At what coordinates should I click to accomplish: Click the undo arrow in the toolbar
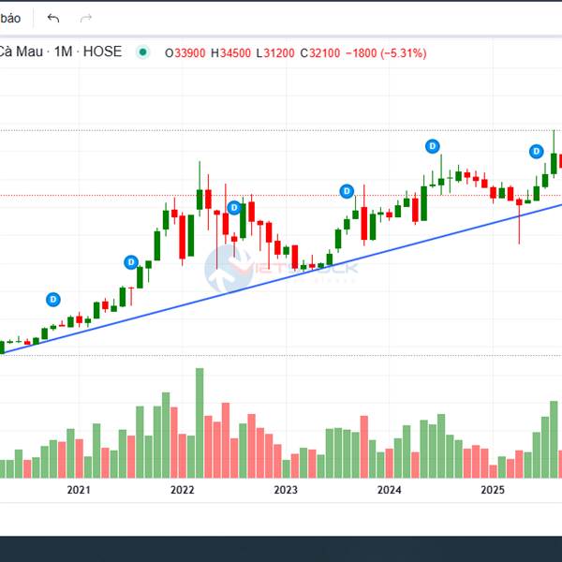53,18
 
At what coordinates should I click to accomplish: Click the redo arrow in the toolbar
86,18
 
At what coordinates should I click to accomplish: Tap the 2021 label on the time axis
79,490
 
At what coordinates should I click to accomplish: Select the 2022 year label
182,490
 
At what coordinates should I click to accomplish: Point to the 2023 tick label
286,490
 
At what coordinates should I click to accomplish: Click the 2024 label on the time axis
389,490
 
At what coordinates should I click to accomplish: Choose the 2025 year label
493,490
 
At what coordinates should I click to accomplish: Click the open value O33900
186,52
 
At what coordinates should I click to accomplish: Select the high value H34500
230,52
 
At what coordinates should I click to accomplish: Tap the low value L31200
274,52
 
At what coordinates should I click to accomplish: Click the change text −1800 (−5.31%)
386,52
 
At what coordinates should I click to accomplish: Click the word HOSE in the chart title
102,52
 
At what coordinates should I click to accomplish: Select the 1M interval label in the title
64,52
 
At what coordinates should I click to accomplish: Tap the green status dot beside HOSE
142,52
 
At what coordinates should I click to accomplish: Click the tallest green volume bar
200,421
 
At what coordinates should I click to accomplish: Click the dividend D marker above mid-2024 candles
433,146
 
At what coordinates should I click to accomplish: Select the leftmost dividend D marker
53,299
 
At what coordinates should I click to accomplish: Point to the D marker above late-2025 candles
537,151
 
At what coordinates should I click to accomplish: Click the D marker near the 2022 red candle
235,207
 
